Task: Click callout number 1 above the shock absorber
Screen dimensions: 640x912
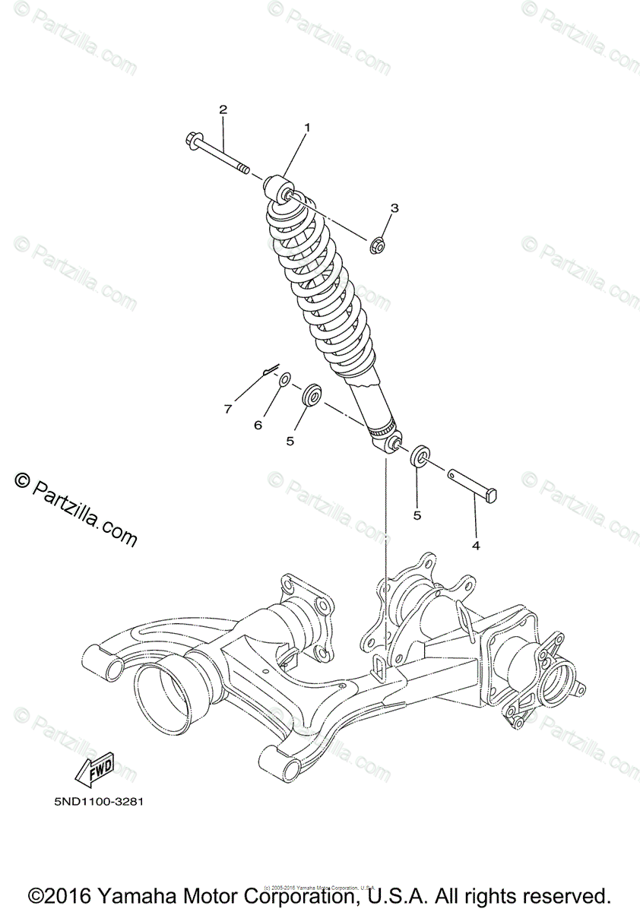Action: click(x=308, y=128)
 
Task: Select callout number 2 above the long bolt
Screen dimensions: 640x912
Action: click(x=223, y=109)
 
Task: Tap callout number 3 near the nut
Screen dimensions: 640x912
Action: click(x=394, y=207)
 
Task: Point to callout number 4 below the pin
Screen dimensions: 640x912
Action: click(x=476, y=545)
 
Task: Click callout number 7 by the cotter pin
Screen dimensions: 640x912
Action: click(x=227, y=410)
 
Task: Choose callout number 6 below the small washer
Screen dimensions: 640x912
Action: click(x=258, y=425)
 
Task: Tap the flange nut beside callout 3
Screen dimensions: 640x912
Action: click(x=376, y=245)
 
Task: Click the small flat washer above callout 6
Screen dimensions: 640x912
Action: click(x=284, y=378)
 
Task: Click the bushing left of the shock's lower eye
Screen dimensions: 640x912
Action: click(x=311, y=396)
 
